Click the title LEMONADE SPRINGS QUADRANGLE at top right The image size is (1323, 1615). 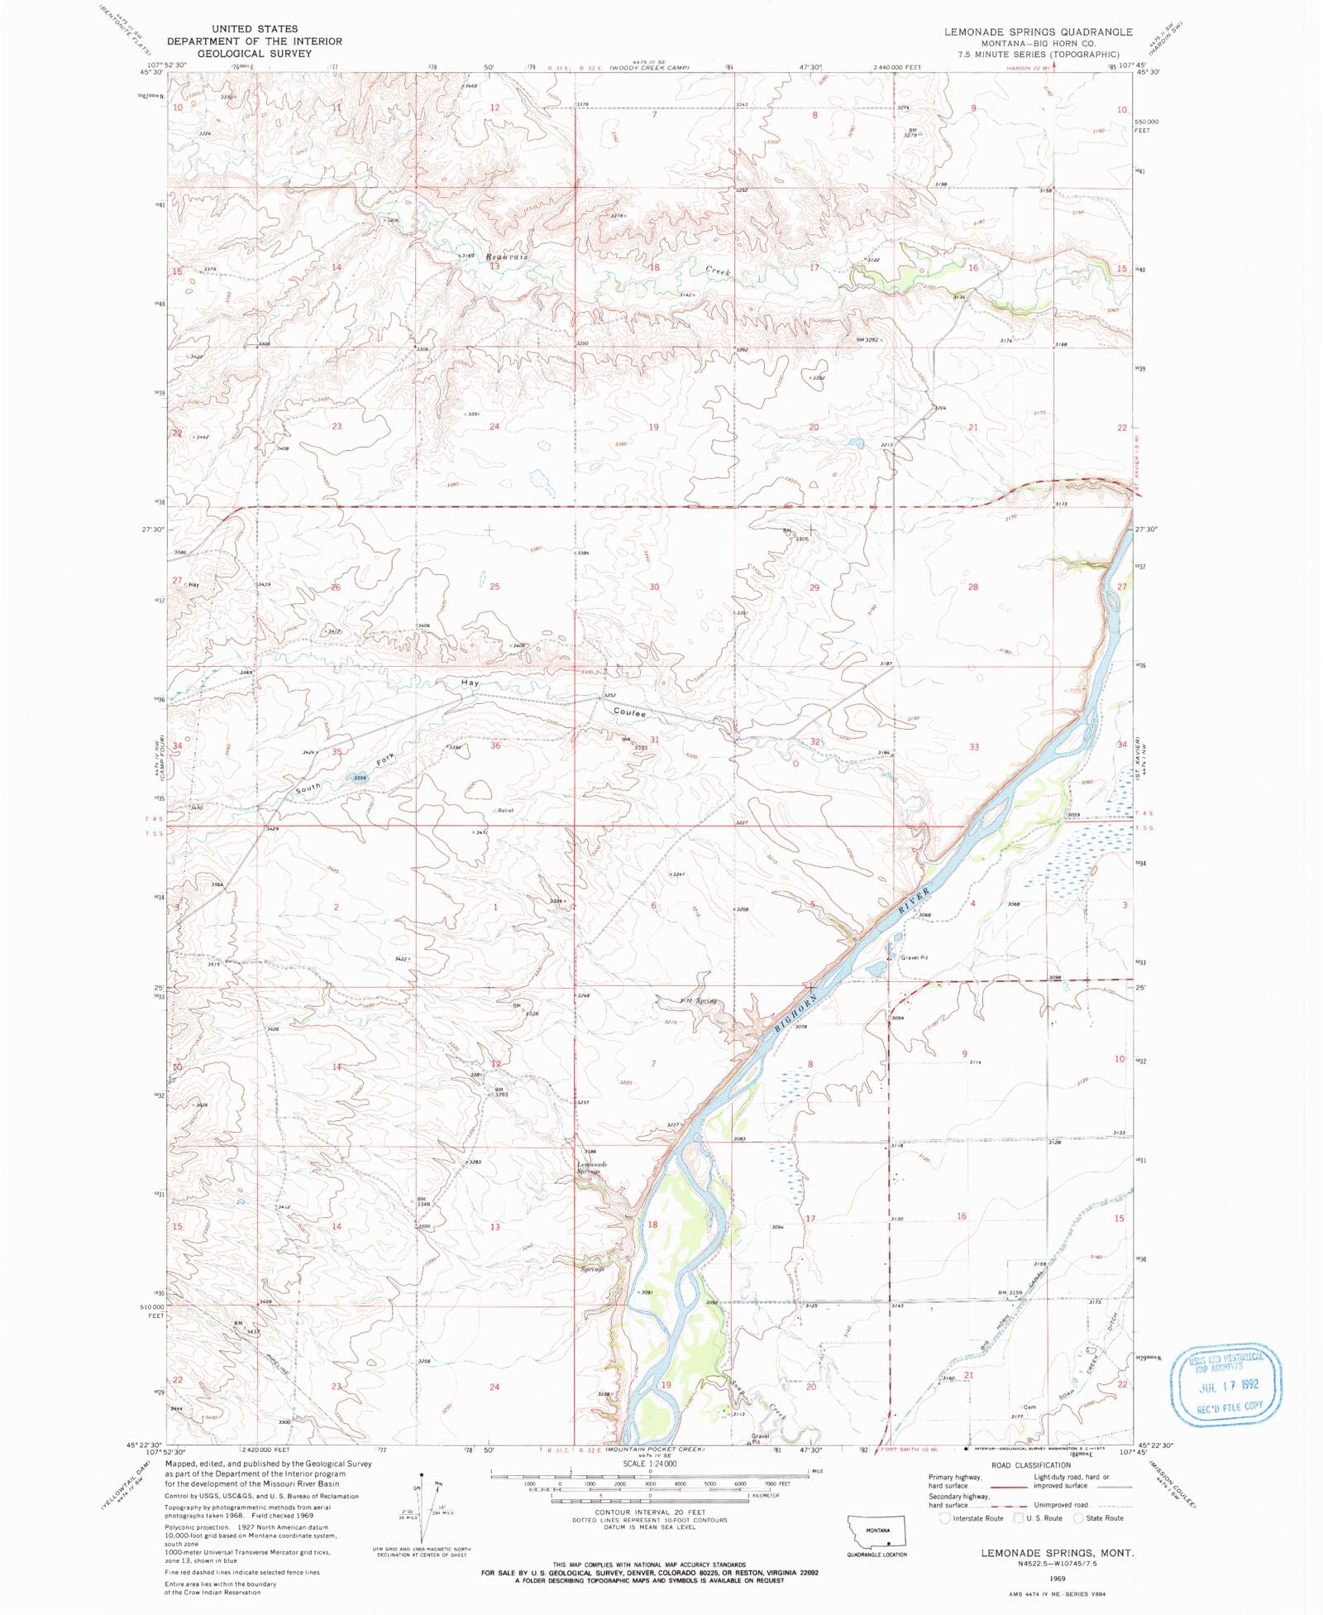(x=1039, y=31)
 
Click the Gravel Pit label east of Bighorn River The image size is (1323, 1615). (x=915, y=957)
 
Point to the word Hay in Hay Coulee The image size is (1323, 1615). (x=470, y=683)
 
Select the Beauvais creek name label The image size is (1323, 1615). (x=506, y=257)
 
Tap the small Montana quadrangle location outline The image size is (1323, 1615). (x=877, y=1531)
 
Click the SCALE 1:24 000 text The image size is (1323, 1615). (x=649, y=1464)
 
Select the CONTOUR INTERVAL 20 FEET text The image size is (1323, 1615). (x=650, y=1512)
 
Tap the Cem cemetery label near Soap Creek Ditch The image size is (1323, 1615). (x=1029, y=1407)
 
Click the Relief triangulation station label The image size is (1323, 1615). (x=504, y=810)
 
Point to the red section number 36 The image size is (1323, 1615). (x=495, y=745)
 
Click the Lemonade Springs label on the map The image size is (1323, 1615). (x=592, y=1167)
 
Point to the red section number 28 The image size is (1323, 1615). (x=972, y=587)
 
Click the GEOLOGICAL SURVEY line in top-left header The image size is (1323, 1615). (x=255, y=53)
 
